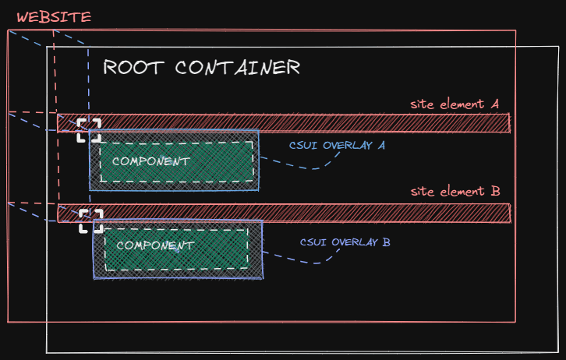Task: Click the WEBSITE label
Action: click(54, 16)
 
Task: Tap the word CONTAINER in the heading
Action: click(237, 67)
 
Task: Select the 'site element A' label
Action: click(455, 104)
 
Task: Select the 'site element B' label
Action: click(455, 192)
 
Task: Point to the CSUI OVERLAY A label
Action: click(337, 144)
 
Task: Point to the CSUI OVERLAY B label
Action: click(345, 242)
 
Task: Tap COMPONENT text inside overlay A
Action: click(151, 161)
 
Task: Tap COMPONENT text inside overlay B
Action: click(155, 245)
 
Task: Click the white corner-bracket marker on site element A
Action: click(88, 130)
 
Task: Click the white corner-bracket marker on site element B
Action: click(90, 220)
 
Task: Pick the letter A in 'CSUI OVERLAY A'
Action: click(382, 144)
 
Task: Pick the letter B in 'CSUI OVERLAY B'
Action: click(386, 242)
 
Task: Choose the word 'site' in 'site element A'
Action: click(422, 104)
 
